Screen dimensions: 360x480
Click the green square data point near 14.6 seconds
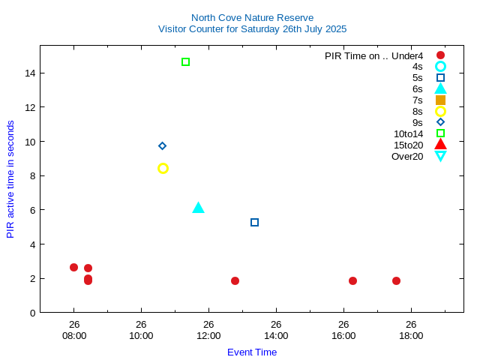(x=185, y=61)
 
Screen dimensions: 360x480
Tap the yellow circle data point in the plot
(x=163, y=168)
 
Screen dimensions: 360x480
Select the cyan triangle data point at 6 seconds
(x=198, y=208)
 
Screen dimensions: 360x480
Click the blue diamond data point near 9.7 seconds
(x=162, y=145)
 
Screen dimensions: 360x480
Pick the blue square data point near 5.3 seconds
(x=254, y=222)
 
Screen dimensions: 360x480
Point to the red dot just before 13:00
(x=235, y=280)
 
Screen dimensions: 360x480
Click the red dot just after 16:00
(x=352, y=280)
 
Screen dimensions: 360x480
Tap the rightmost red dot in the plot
(x=396, y=280)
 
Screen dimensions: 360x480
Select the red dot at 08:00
(x=73, y=267)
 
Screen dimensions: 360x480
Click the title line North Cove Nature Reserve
(x=252, y=17)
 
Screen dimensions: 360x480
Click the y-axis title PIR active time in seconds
(x=10, y=179)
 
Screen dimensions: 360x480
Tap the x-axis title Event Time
(x=252, y=352)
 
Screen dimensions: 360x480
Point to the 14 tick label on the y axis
(x=30, y=73)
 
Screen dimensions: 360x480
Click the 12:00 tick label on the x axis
(x=208, y=335)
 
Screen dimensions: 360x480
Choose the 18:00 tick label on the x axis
(x=411, y=335)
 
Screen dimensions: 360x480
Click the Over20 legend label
(x=407, y=156)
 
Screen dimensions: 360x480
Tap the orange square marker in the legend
(x=440, y=100)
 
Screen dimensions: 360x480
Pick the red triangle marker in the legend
(x=440, y=144)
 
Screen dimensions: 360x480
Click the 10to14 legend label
(x=408, y=133)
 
